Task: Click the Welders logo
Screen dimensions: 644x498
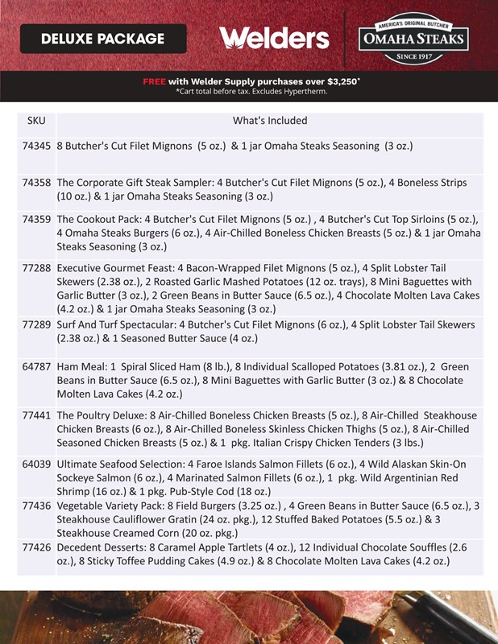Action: [274, 38]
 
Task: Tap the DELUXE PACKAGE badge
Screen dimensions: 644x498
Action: [102, 39]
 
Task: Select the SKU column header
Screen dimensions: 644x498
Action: [36, 121]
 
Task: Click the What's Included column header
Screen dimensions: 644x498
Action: [270, 121]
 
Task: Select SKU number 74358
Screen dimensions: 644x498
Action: [37, 183]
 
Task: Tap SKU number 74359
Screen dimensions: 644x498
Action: [37, 219]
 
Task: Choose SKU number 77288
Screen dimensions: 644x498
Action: [37, 266]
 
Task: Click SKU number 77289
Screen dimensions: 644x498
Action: [37, 324]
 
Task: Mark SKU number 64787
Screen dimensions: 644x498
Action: [37, 366]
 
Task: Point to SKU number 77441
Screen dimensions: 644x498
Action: [37, 415]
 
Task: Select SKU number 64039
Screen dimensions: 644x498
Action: [37, 464]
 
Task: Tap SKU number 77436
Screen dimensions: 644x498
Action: [37, 505]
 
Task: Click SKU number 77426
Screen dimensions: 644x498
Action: [37, 547]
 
